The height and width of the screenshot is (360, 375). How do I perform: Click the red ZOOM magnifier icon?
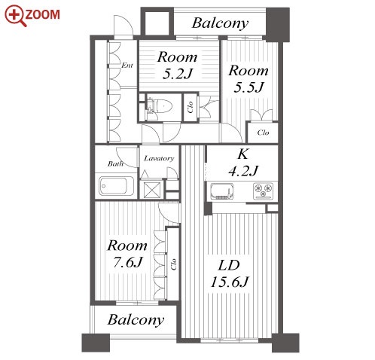(16, 16)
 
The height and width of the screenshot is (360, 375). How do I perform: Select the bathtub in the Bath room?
(116, 186)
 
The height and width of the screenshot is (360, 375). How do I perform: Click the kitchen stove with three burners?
(264, 191)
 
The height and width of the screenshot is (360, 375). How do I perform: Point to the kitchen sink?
(222, 191)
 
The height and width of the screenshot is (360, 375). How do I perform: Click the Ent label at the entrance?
(127, 66)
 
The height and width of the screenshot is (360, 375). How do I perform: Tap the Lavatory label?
(159, 159)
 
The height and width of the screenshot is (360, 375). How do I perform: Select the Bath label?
(115, 164)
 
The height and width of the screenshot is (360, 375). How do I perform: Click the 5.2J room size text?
(177, 74)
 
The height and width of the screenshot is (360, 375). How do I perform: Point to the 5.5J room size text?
(248, 87)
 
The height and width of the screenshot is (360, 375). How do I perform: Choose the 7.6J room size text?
(128, 263)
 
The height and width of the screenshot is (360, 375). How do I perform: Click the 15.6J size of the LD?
(230, 282)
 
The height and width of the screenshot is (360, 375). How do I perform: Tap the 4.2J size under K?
(243, 171)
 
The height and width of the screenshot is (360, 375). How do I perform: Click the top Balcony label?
(220, 23)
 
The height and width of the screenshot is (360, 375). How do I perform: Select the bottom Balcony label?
(136, 320)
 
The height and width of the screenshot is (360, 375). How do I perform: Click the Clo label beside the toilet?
(191, 107)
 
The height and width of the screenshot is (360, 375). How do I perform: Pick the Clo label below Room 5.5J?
(263, 133)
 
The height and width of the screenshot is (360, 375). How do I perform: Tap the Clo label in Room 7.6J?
(173, 264)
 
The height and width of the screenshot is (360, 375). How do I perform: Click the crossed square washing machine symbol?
(152, 190)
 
